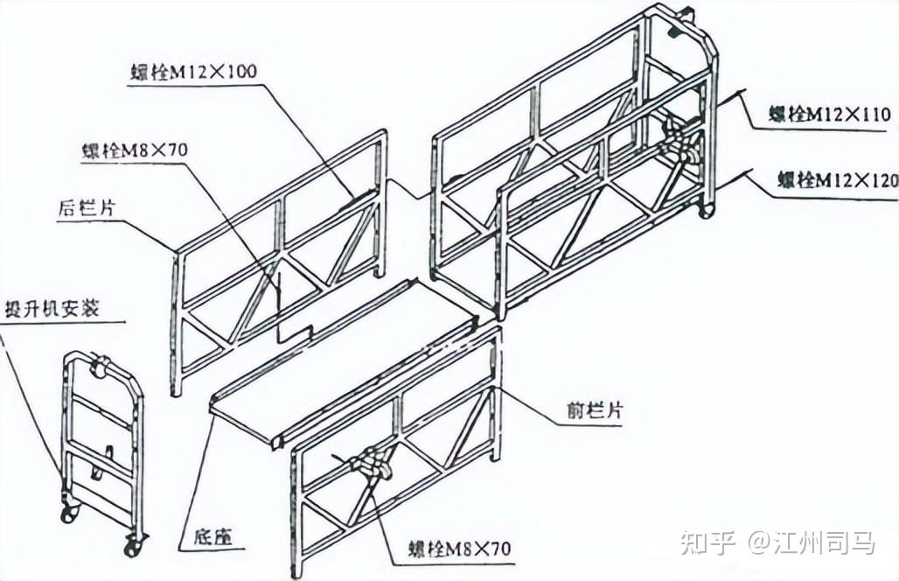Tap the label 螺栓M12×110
pyautogui.click(x=829, y=115)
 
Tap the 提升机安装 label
pyautogui.click(x=52, y=308)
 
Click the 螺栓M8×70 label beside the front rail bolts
pyautogui.click(x=458, y=549)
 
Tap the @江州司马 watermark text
pyautogui.click(x=811, y=542)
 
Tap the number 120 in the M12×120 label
pyautogui.click(x=883, y=181)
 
